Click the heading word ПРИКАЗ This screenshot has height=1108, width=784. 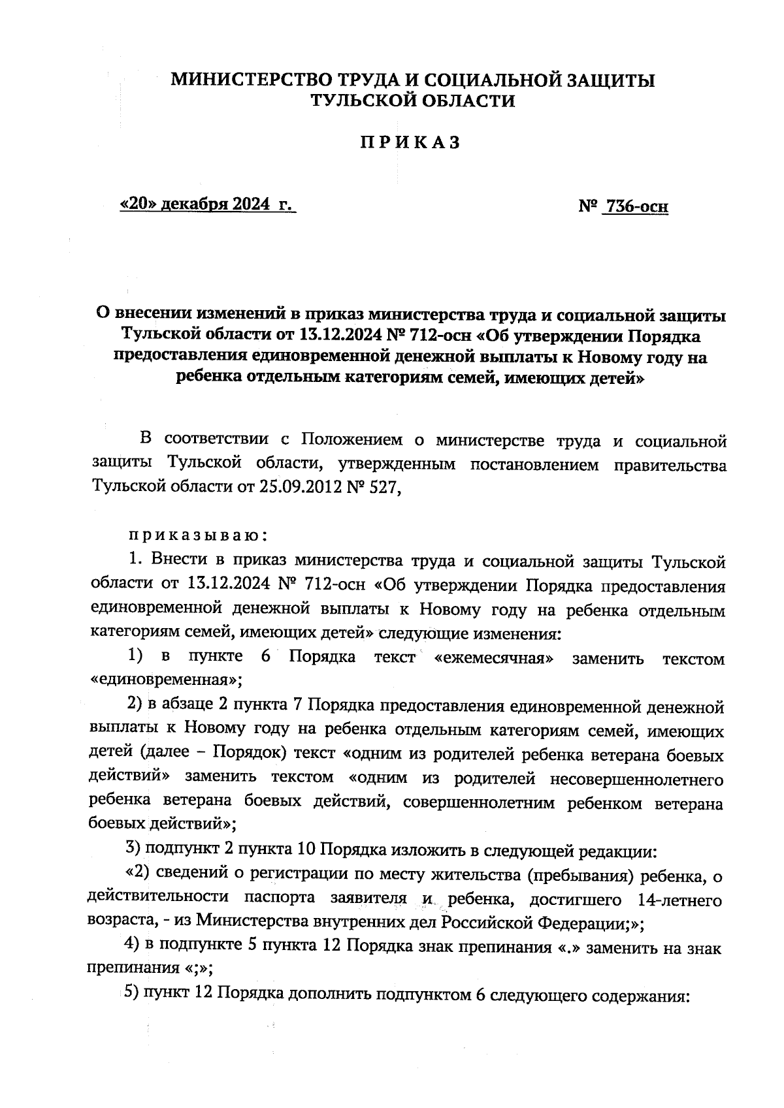point(410,142)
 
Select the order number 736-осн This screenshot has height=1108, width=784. point(636,207)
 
